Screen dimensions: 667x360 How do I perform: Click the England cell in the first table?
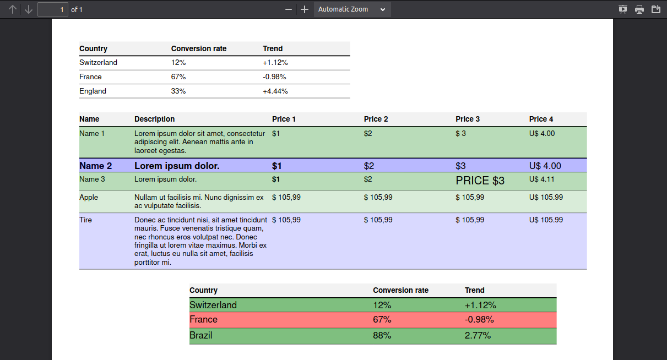[93, 91]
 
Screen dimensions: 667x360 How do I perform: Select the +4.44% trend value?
[275, 91]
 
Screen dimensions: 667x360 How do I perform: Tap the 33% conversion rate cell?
[178, 91]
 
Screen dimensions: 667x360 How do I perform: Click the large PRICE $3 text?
[480, 181]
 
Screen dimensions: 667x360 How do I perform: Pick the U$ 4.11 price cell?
[541, 179]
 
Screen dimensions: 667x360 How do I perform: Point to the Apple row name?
[89, 197]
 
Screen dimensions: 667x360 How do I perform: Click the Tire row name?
[85, 220]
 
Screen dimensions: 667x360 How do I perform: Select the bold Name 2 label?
[96, 166]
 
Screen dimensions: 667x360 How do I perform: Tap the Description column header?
[154, 119]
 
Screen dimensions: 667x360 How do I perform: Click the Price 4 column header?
[541, 119]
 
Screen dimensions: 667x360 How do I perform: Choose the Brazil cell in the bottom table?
[200, 335]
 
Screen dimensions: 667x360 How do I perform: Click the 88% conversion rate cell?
[382, 335]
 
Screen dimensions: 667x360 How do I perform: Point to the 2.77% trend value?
[478, 335]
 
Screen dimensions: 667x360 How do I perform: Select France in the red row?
[203, 319]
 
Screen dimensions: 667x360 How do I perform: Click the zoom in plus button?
[305, 9]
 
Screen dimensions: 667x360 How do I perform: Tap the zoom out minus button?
[288, 9]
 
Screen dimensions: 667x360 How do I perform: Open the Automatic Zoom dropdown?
[353, 9]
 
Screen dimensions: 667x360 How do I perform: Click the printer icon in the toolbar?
[639, 9]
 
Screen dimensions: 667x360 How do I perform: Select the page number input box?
[53, 9]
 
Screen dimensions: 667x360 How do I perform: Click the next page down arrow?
[29, 9]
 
